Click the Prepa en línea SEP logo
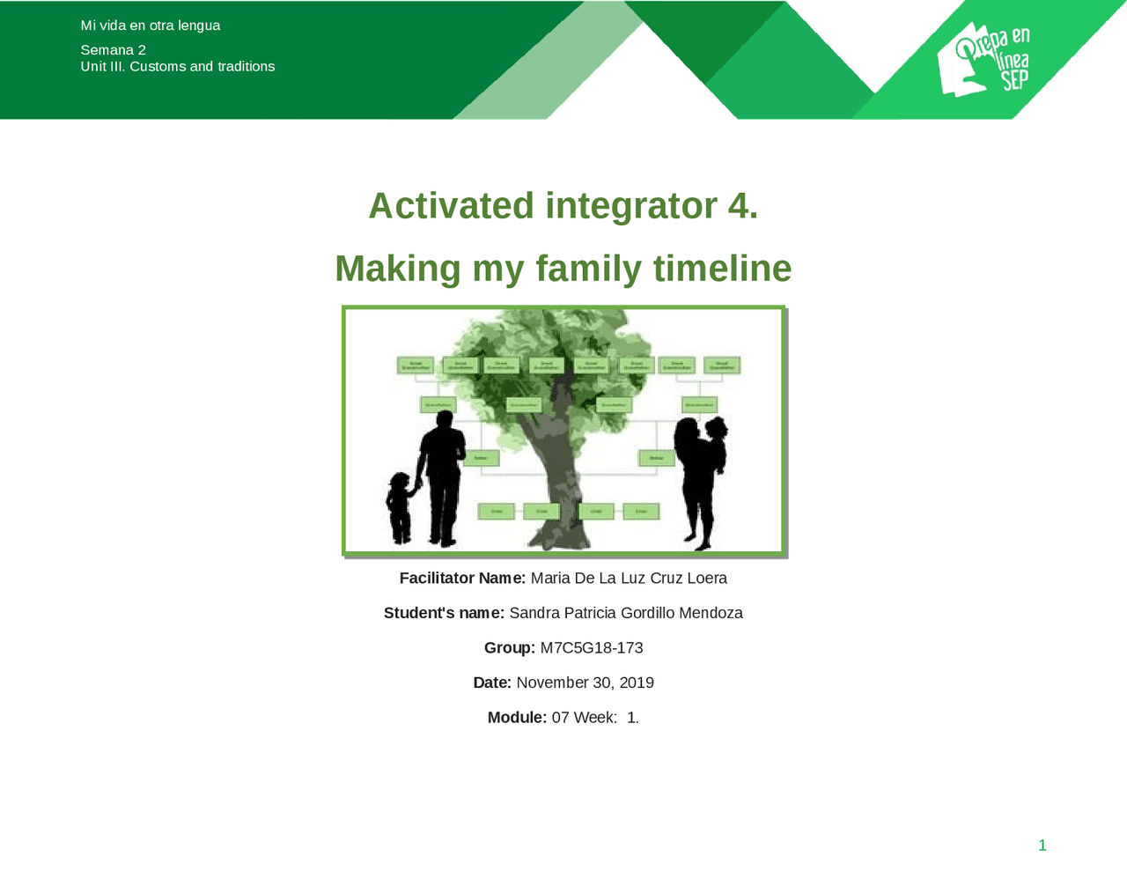983,60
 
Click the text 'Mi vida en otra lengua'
151,26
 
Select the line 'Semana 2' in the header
114,50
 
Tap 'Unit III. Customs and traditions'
178,67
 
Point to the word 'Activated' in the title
451,206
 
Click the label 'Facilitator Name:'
462,579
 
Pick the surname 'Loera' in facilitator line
707,579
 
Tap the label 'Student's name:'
444,613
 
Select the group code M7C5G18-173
592,648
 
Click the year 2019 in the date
637,683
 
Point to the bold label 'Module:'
517,718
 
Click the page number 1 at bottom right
1042,845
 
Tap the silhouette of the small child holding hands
401,508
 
